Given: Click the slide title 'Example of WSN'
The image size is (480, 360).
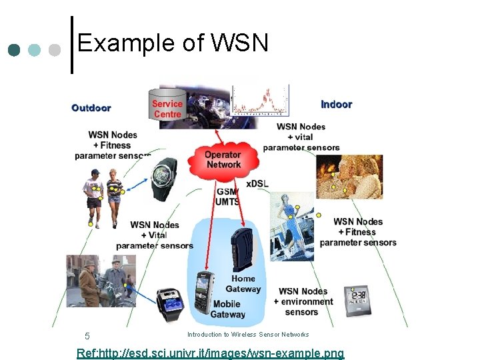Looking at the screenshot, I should (173, 43).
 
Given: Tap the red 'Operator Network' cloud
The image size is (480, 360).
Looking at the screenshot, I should (223, 159).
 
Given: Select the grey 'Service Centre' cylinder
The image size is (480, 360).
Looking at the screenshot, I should (167, 107).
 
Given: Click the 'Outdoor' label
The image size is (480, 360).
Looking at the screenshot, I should (91, 107).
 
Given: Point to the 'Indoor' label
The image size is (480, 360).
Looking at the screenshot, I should (336, 104).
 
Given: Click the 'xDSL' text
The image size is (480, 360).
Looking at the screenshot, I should (257, 183).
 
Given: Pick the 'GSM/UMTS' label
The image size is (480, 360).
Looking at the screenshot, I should (227, 197).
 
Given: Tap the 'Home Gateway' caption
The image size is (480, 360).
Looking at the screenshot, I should (243, 284).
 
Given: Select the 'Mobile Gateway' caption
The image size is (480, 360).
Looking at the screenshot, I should (227, 309).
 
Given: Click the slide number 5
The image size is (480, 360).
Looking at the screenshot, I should (87, 335).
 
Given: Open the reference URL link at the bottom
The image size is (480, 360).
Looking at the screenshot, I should (211, 353).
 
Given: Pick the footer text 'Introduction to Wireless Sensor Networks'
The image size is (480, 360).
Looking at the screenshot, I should (248, 334).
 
